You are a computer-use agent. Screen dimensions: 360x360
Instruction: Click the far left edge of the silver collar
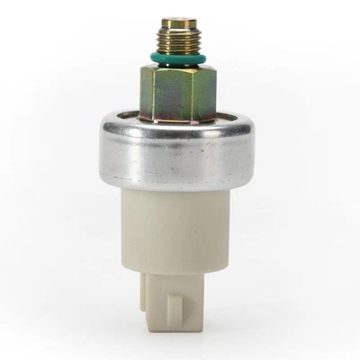click(x=102, y=148)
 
